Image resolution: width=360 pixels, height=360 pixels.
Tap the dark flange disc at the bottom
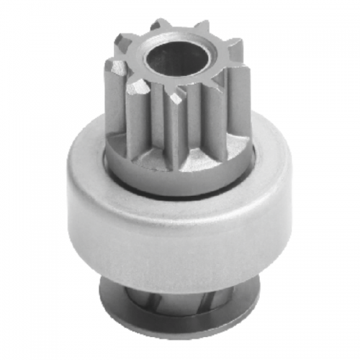coord(180,317)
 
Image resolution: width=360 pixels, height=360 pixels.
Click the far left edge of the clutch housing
coord(64,209)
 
